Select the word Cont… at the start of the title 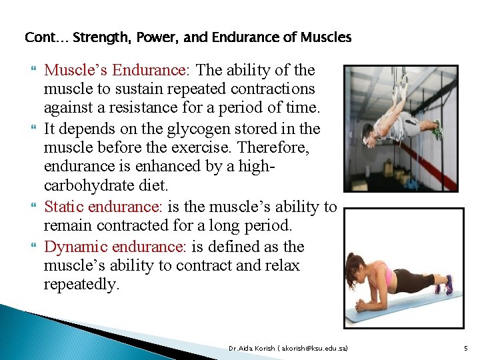pyautogui.click(x=46, y=37)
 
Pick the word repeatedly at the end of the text pyautogui.click(x=82, y=285)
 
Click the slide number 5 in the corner pyautogui.click(x=465, y=348)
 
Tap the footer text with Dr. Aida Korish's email pyautogui.click(x=287, y=348)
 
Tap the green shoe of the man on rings pyautogui.click(x=437, y=129)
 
